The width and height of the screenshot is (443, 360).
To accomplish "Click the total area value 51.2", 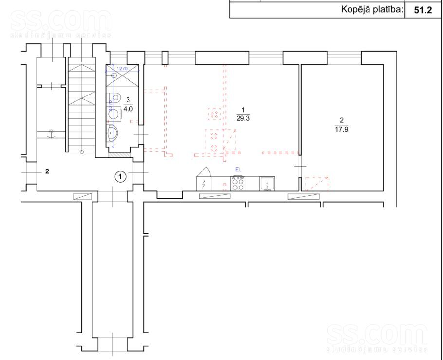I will [423, 10].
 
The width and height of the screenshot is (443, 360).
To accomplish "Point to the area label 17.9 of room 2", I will [342, 129].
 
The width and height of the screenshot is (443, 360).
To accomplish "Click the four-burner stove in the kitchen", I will [238, 183].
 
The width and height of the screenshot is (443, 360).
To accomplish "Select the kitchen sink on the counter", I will [267, 184].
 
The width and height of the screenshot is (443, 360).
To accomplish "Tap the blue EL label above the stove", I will [238, 169].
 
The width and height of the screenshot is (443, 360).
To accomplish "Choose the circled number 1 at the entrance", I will [120, 176].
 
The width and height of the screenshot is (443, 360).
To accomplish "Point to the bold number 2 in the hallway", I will [47, 171].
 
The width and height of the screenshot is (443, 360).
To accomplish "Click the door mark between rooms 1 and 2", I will [300, 167].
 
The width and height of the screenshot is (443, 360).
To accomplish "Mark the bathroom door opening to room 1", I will [141, 134].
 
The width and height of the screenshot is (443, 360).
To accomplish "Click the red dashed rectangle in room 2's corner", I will [316, 183].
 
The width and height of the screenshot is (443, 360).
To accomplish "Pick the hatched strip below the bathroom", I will [119, 155].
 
